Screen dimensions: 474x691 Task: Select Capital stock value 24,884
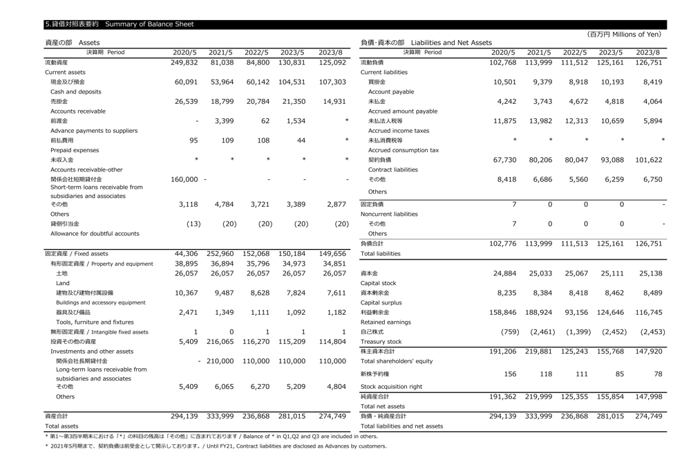(504, 273)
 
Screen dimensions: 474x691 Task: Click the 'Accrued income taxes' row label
(399, 130)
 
